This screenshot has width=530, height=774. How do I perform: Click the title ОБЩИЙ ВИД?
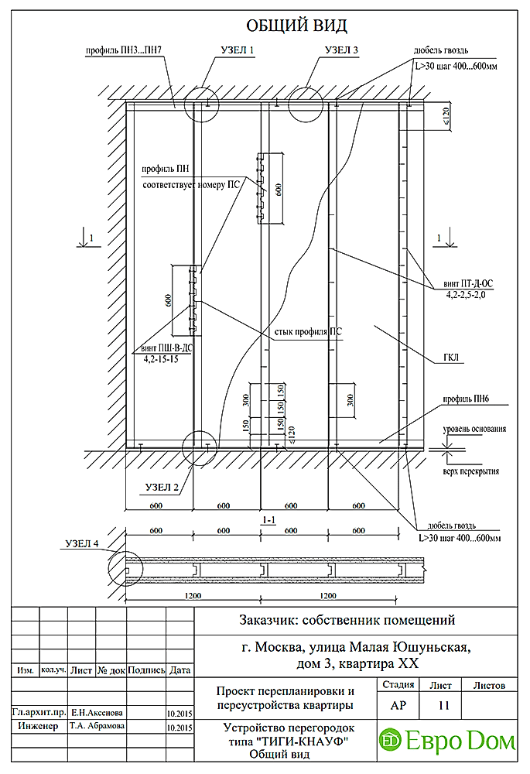coord(285,26)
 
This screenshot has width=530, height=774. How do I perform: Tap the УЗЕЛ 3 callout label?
coord(341,51)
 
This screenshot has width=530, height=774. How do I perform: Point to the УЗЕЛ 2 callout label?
coord(162,487)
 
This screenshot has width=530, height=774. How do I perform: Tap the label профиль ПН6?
coord(464,400)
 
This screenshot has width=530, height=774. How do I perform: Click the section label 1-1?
coord(270,521)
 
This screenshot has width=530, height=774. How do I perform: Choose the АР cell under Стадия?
coord(397,705)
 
